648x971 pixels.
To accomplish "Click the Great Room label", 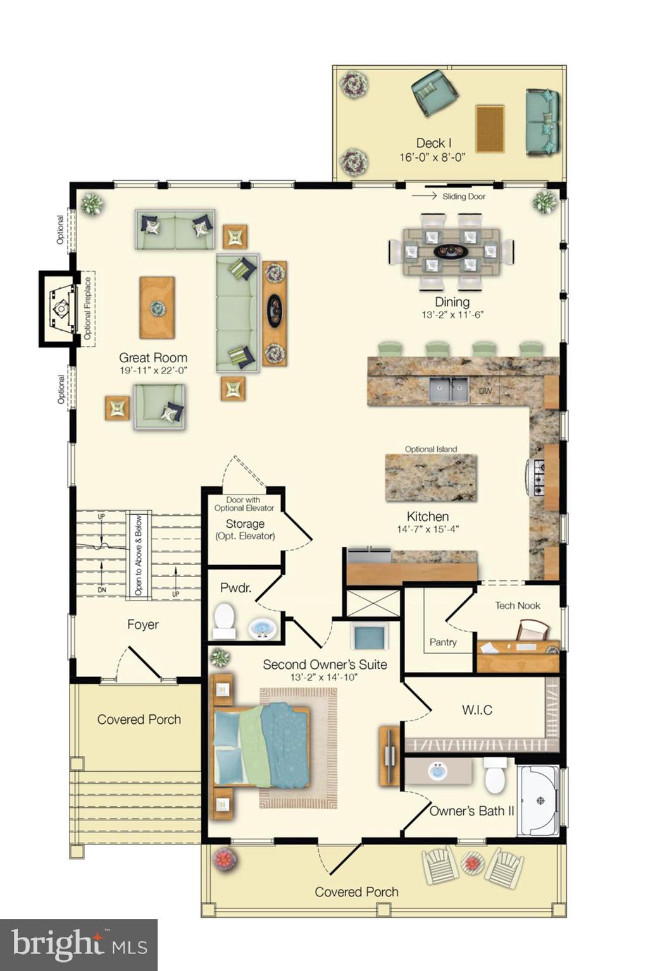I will pyautogui.click(x=153, y=358).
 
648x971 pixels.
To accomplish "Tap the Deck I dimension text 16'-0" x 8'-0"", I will pyautogui.click(x=432, y=157).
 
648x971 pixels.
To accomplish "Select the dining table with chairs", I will pyautogui.click(x=451, y=252).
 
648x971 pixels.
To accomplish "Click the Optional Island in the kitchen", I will pyautogui.click(x=431, y=477).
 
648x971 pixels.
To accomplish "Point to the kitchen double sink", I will pyautogui.click(x=449, y=390).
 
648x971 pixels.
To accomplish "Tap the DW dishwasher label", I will pyautogui.click(x=485, y=391).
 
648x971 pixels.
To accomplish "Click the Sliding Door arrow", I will pyautogui.click(x=424, y=196).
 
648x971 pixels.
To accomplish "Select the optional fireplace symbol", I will pyautogui.click(x=61, y=308).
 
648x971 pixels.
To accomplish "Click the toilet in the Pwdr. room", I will pyautogui.click(x=223, y=621).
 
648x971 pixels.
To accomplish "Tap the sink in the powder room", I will pyautogui.click(x=261, y=628).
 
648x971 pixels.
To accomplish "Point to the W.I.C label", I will pyautogui.click(x=477, y=710).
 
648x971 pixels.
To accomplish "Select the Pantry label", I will pyautogui.click(x=443, y=642).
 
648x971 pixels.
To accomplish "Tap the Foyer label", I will pyautogui.click(x=143, y=625).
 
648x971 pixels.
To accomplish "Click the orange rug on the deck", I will pyautogui.click(x=490, y=129).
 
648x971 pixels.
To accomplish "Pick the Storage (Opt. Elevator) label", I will pyautogui.click(x=245, y=529).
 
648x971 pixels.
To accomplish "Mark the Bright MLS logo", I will pyautogui.click(x=78, y=944).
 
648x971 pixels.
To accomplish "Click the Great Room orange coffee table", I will pyautogui.click(x=157, y=308).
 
